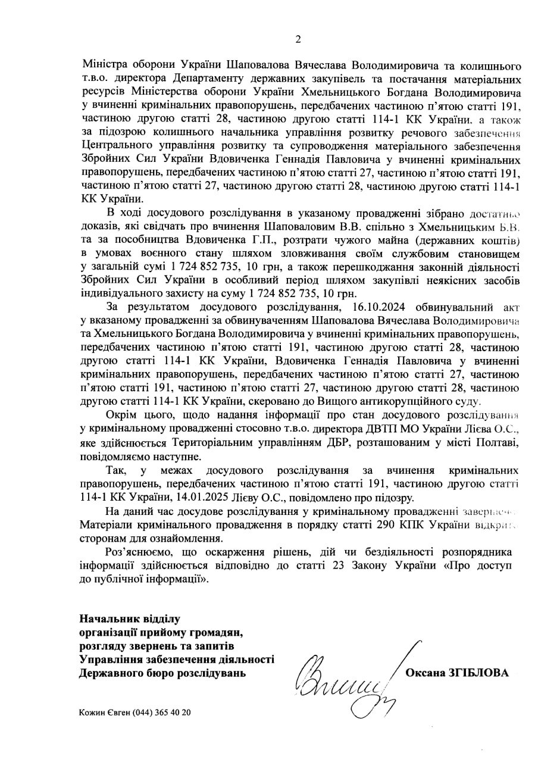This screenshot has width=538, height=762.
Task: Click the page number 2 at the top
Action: [x=298, y=40]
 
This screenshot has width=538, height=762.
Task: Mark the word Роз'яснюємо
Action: [x=137, y=552]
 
